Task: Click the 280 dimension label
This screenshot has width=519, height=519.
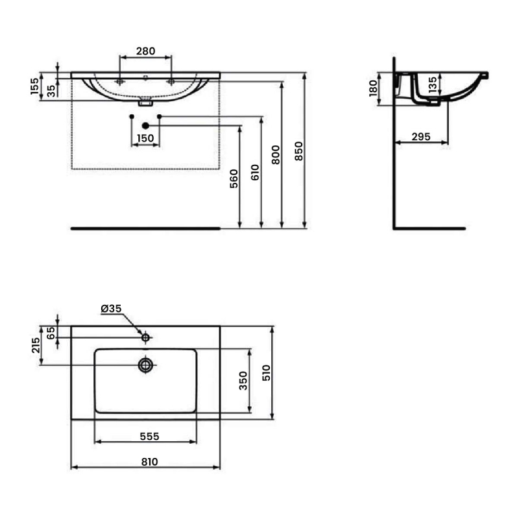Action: pos(145,51)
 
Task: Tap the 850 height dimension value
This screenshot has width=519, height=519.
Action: pos(298,151)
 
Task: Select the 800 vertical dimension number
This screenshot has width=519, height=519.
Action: pos(275,154)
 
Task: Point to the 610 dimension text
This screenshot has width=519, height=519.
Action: pos(255,172)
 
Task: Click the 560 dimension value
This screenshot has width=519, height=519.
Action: pos(234,179)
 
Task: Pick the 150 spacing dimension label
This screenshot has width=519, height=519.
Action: pos(145,138)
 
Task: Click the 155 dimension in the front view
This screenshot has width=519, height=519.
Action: pos(34,86)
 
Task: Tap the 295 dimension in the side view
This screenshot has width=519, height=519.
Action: pos(421,136)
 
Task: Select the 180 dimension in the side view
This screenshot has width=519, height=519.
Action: pos(373,88)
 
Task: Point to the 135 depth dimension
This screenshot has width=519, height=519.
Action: pos(432,86)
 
